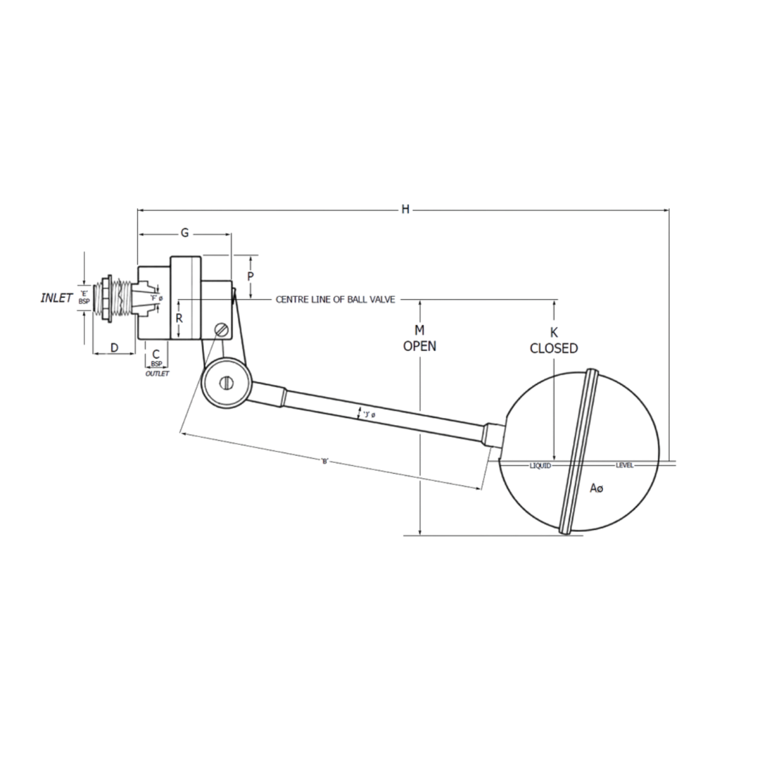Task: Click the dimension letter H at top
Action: pyautogui.click(x=405, y=209)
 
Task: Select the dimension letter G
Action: pyautogui.click(x=184, y=232)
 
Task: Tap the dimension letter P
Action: pyautogui.click(x=250, y=277)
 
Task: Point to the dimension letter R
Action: pyautogui.click(x=179, y=318)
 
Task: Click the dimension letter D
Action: pyautogui.click(x=113, y=348)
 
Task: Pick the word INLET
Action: pyautogui.click(x=56, y=298)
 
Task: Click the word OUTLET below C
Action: pyautogui.click(x=157, y=374)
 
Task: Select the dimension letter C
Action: pyautogui.click(x=156, y=354)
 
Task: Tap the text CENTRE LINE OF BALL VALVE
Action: pyautogui.click(x=335, y=299)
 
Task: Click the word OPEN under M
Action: pyautogui.click(x=419, y=346)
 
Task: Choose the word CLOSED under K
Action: pyautogui.click(x=554, y=348)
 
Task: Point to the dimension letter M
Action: pyautogui.click(x=419, y=330)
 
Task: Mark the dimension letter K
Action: pyautogui.click(x=554, y=332)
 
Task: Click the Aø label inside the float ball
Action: pyautogui.click(x=596, y=488)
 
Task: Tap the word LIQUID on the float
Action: pyautogui.click(x=540, y=465)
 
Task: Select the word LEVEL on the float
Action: pyautogui.click(x=624, y=465)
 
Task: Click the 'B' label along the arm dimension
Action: pyautogui.click(x=324, y=461)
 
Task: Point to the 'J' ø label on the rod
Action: pyautogui.click(x=368, y=414)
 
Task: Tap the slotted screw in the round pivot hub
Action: pyautogui.click(x=226, y=383)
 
